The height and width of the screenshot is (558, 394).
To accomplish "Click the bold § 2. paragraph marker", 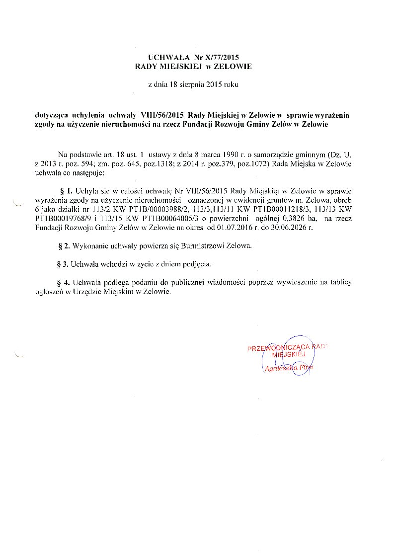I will pyautogui.click(x=64, y=246).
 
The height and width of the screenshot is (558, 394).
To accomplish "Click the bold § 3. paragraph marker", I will pyautogui.click(x=64, y=264).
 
